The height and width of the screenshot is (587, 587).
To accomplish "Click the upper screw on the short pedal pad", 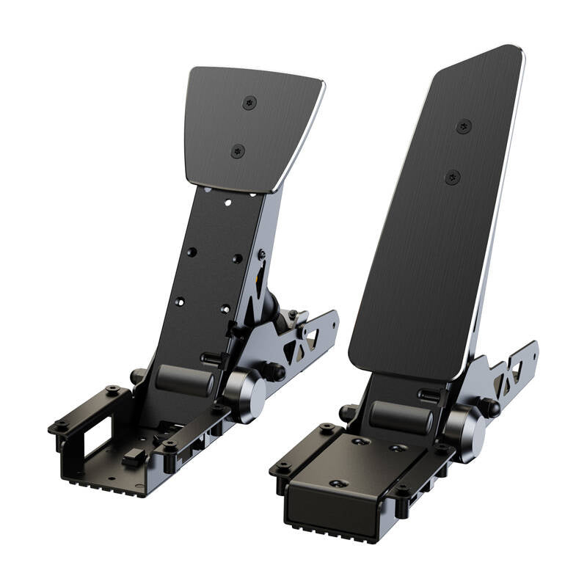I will [x=249, y=102].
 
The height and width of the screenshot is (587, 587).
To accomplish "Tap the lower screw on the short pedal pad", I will [x=238, y=151].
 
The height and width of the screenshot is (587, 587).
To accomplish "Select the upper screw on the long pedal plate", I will [x=464, y=126].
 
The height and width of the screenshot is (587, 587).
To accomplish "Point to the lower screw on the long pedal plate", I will [x=453, y=177].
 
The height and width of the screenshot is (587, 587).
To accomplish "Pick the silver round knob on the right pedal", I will [x=464, y=430].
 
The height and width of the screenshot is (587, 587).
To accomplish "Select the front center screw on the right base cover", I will [x=338, y=484].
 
